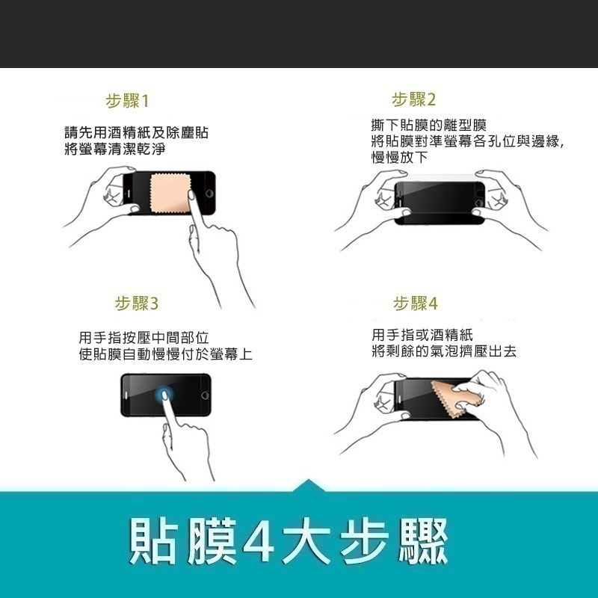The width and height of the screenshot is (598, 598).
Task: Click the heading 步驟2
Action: pyautogui.click(x=413, y=100)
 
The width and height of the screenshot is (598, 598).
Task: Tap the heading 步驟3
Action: pyautogui.click(x=137, y=303)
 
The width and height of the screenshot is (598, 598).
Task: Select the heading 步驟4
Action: pyautogui.click(x=416, y=303)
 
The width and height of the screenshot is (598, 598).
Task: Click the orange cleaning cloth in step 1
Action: pyautogui.click(x=170, y=193)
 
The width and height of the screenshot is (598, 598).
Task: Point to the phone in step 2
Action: pyautogui.click(x=440, y=199)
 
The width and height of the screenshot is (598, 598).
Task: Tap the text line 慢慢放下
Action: pyautogui.click(x=399, y=158)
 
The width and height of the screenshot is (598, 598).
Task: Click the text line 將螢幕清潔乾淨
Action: pyautogui.click(x=114, y=149)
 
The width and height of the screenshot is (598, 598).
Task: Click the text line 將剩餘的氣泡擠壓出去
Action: pyautogui.click(x=443, y=351)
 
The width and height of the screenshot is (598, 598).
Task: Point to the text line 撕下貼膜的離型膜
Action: pyautogui.click(x=428, y=125)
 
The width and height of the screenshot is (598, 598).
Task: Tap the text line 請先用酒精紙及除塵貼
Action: pyautogui.click(x=136, y=133)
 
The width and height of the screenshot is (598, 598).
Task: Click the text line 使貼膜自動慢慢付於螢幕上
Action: pyautogui.click(x=165, y=355)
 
